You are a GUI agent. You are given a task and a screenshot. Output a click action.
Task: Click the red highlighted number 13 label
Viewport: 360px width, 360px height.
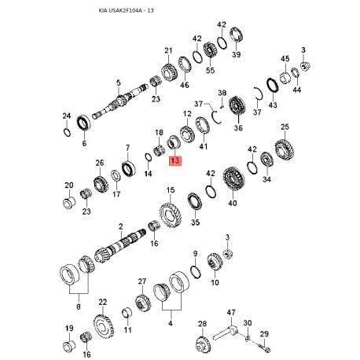click(175, 160)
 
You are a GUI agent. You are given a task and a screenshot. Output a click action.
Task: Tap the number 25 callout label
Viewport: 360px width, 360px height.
click(285, 127)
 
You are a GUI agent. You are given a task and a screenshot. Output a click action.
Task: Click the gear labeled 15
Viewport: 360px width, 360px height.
click(171, 215)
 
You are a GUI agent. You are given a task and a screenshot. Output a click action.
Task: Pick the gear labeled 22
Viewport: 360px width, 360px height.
click(104, 326)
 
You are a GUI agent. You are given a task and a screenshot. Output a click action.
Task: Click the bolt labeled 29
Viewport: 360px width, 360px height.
click(265, 347)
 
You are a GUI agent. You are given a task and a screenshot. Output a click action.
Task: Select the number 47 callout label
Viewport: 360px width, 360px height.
click(231, 312)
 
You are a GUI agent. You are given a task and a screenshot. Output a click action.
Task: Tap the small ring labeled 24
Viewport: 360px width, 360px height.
click(67, 132)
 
